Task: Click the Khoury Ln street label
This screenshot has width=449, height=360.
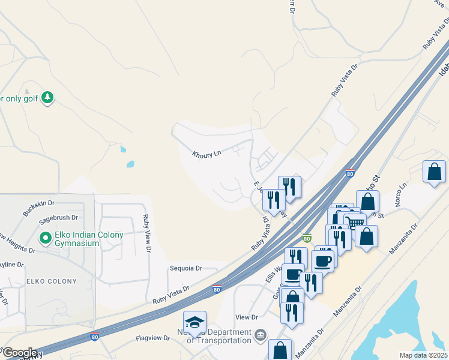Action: pos(206,154)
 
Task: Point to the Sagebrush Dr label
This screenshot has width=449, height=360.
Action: pos(59,217)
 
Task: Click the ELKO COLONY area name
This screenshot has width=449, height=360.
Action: pos(51,281)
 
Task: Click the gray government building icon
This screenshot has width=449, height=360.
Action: pos(260,334)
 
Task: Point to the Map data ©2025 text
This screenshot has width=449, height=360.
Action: pos(423,355)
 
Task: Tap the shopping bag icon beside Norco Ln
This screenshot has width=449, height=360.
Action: pos(434,172)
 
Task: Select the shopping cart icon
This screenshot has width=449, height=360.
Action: pos(355,222)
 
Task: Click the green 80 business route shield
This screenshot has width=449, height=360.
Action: pos(307,238)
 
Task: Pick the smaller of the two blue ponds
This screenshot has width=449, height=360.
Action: pos(123,149)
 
